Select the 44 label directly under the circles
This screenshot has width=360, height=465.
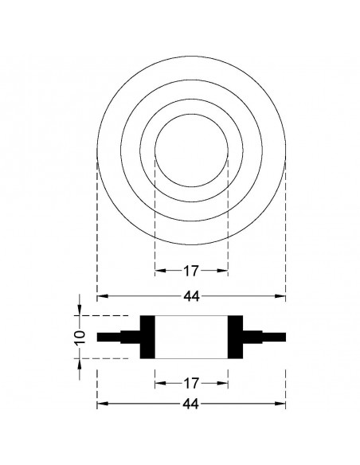pyautogui.click(x=191, y=296)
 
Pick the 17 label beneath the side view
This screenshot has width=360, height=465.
pyautogui.click(x=191, y=383)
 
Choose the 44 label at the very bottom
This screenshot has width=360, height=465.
pyautogui.click(x=191, y=404)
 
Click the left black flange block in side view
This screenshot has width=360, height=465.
pyautogui.click(x=147, y=337)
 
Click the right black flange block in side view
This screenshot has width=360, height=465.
pyautogui.click(x=237, y=337)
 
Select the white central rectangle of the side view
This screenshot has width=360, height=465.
pyautogui.click(x=191, y=337)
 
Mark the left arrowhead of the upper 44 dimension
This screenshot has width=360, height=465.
pyautogui.click(x=100, y=296)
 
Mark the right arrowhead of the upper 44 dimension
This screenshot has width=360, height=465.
pyautogui.click(x=282, y=296)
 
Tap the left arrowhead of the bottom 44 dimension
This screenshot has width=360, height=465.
pyautogui.click(x=100, y=404)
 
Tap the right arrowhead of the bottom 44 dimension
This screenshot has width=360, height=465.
pyautogui.click(x=282, y=404)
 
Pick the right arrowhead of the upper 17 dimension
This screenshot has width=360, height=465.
pyautogui.click(x=225, y=271)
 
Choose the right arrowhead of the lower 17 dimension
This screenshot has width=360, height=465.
pyautogui.click(x=225, y=383)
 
